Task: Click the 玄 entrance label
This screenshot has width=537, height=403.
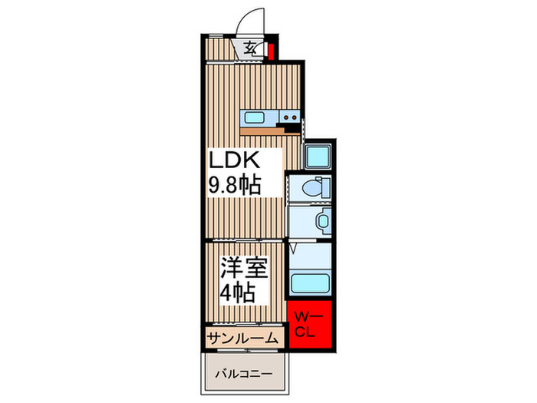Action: tap(251, 49)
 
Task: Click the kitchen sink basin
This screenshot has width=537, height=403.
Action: tap(253, 117)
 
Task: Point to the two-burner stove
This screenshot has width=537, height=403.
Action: tap(289, 117)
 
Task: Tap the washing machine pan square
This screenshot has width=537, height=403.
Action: tap(316, 156)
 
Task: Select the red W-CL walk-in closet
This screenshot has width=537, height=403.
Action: tap(311, 322)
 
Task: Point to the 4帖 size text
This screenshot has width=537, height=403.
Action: tap(236, 292)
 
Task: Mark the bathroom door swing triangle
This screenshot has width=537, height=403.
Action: tap(295, 249)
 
